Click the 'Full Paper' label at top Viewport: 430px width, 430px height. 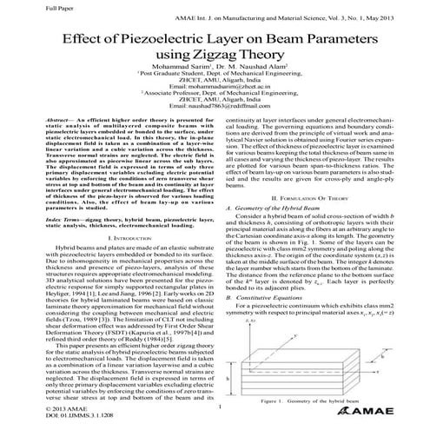pos(18,6)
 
